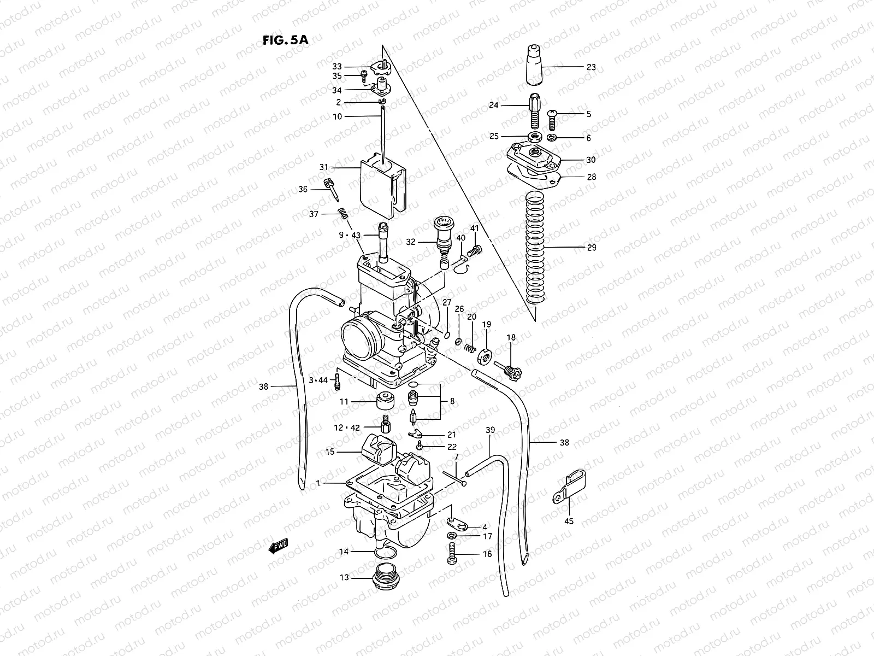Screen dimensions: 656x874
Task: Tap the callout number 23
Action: pos(591,67)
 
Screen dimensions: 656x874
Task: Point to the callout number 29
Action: pos(591,248)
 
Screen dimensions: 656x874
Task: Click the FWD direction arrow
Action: pos(278,545)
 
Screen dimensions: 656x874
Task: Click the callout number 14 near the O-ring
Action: pos(344,552)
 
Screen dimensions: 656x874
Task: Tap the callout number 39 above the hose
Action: pos(490,430)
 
